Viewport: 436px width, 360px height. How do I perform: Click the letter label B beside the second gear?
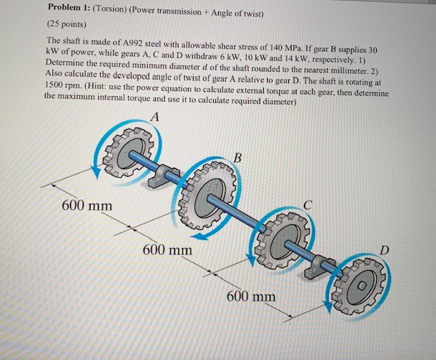point(236,159)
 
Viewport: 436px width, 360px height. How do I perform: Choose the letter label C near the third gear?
point(308,203)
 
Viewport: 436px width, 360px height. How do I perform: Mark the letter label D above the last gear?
point(386,252)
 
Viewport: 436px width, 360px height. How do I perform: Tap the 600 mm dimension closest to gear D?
point(251,297)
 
